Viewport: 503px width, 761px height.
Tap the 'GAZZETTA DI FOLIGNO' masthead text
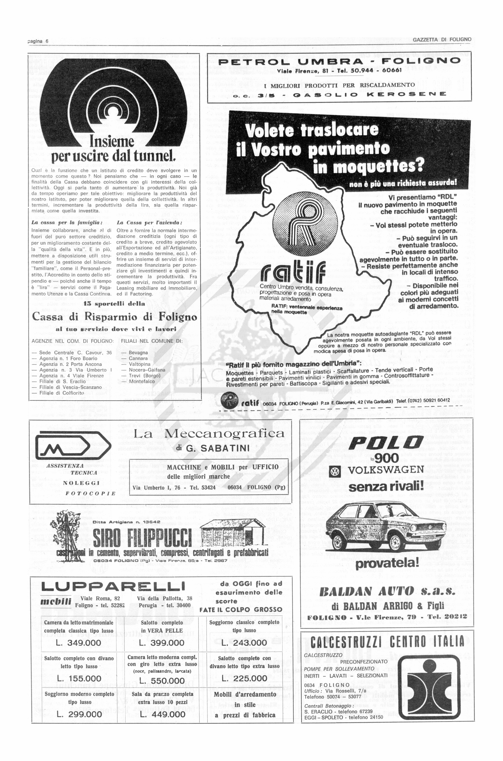click(x=442, y=39)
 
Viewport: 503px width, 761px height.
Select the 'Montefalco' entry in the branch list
click(x=142, y=382)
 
